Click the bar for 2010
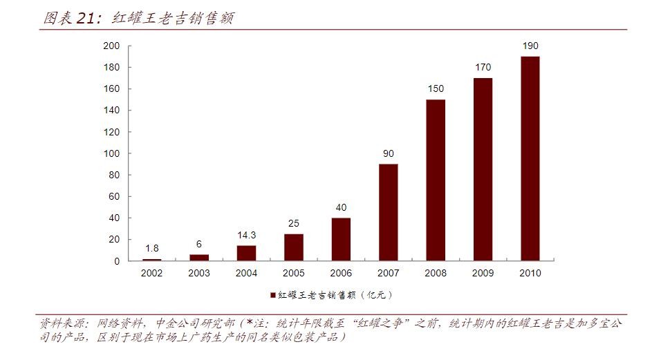pos(530,159)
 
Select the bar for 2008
pos(436,180)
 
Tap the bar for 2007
pos(388,212)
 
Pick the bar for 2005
pos(293,247)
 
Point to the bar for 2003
pos(199,258)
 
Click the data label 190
pos(530,46)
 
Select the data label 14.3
pos(246,236)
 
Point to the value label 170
pos(483,68)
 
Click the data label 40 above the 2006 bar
pos(341,207)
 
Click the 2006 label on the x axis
pos(341,273)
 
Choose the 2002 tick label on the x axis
pos(151,273)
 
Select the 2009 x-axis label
pos(483,273)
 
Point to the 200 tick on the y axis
pos(112,46)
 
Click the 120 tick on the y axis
pos(112,132)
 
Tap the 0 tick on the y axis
pos(118,261)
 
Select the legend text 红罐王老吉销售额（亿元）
pos(335,295)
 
